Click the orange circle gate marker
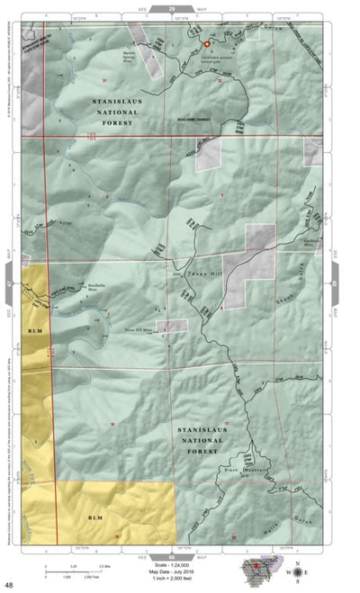(206, 43)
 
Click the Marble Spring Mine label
(134, 54)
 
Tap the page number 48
(8, 586)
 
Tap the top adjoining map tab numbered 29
(171, 7)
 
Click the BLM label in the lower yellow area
(95, 518)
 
